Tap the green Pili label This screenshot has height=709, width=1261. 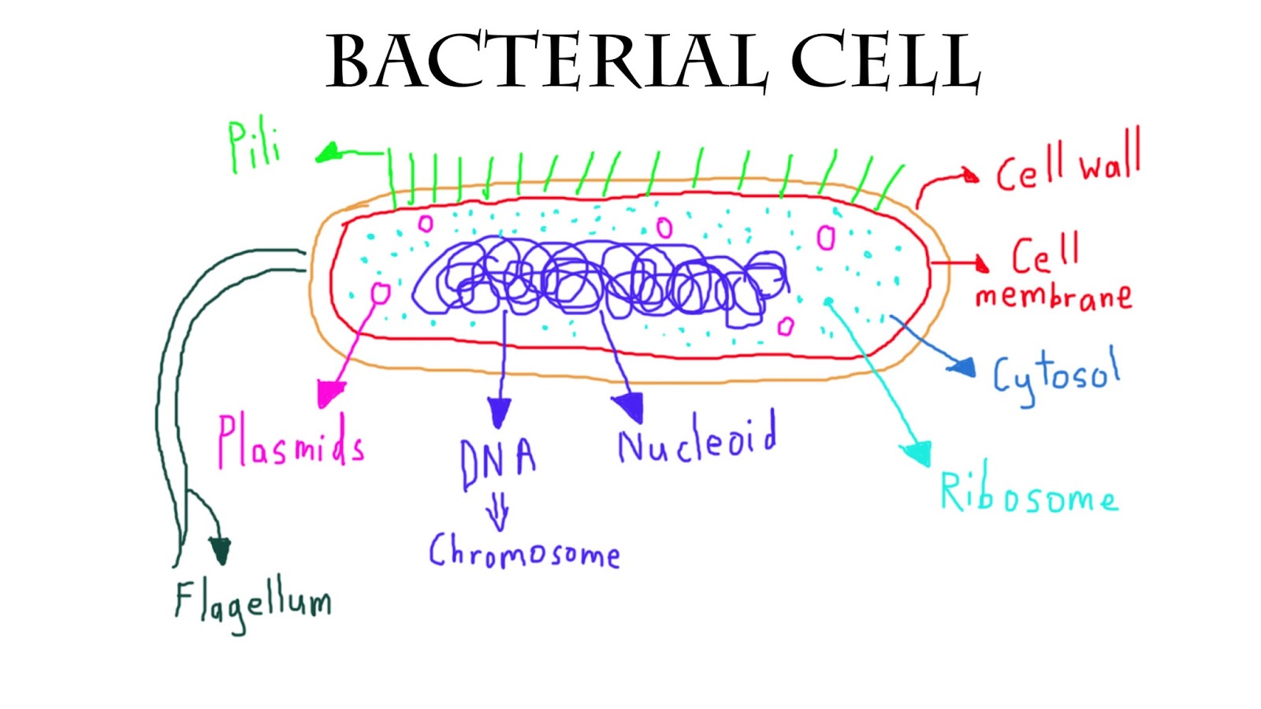tap(254, 147)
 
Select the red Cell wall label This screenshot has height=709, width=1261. tap(1068, 165)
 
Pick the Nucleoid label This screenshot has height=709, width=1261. tap(697, 440)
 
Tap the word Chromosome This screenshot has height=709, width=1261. tap(524, 551)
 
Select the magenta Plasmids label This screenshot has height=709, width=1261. tap(290, 443)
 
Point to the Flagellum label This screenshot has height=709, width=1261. tap(252, 603)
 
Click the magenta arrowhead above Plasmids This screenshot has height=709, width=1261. tap(330, 392)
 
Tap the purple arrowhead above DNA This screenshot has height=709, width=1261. tap(499, 411)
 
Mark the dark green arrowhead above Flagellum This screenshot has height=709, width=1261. tap(220, 550)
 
